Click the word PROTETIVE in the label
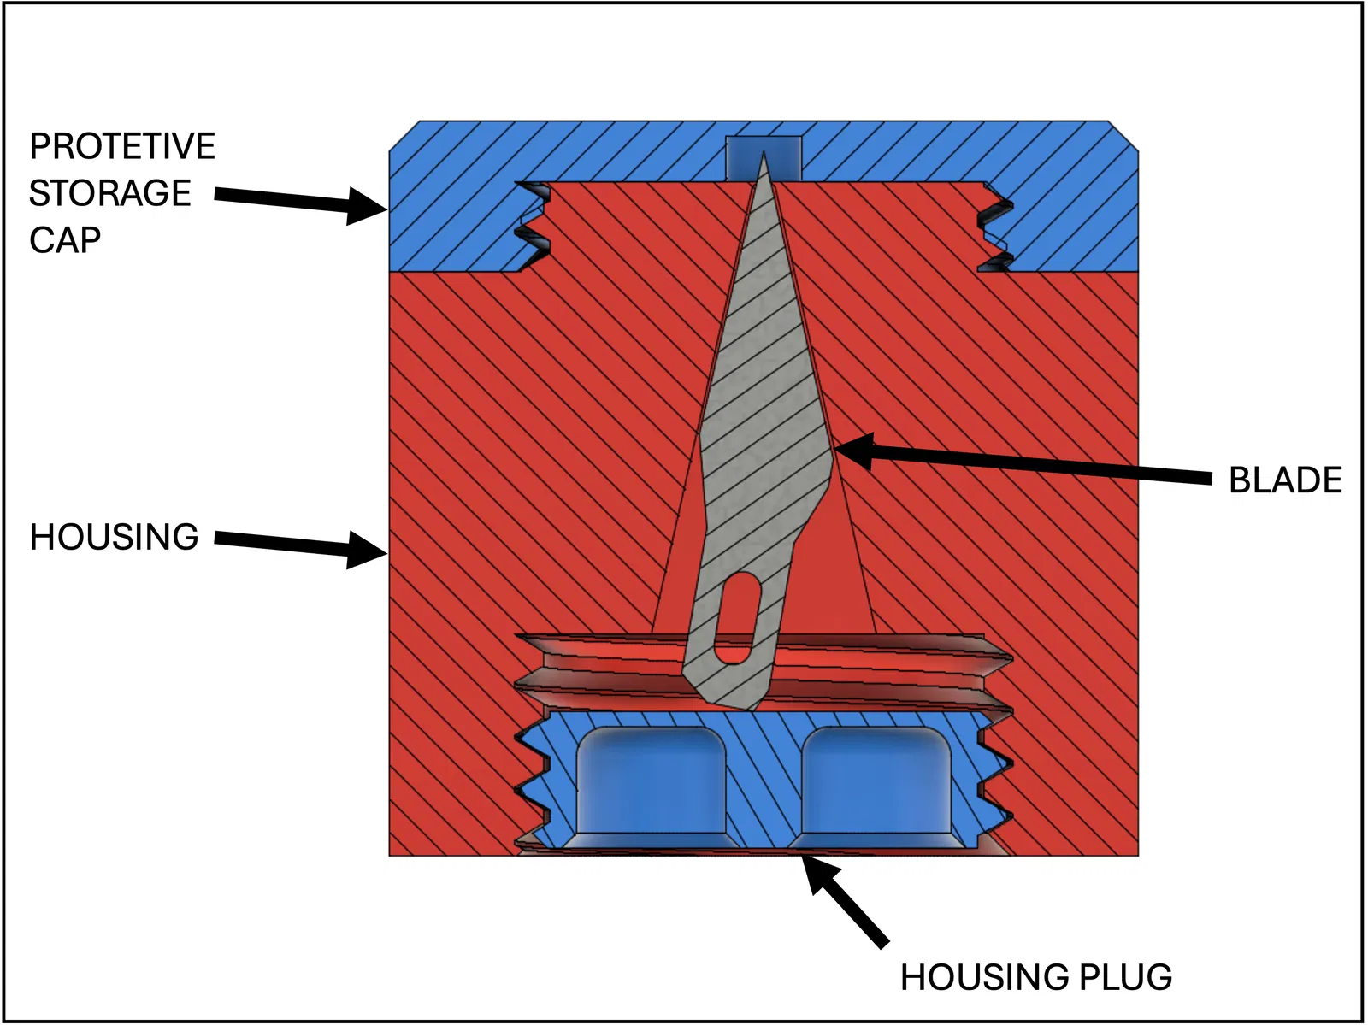pyautogui.click(x=122, y=146)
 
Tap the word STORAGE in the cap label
pyautogui.click(x=109, y=193)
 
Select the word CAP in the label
pyautogui.click(x=65, y=240)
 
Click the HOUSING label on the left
pyautogui.click(x=114, y=537)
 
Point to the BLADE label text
pyautogui.click(x=1284, y=480)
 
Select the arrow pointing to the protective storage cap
pyautogui.click(x=299, y=201)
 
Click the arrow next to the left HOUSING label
pyautogui.click(x=299, y=545)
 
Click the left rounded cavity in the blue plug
pyautogui.click(x=652, y=782)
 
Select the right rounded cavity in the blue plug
pyautogui.click(x=876, y=782)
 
